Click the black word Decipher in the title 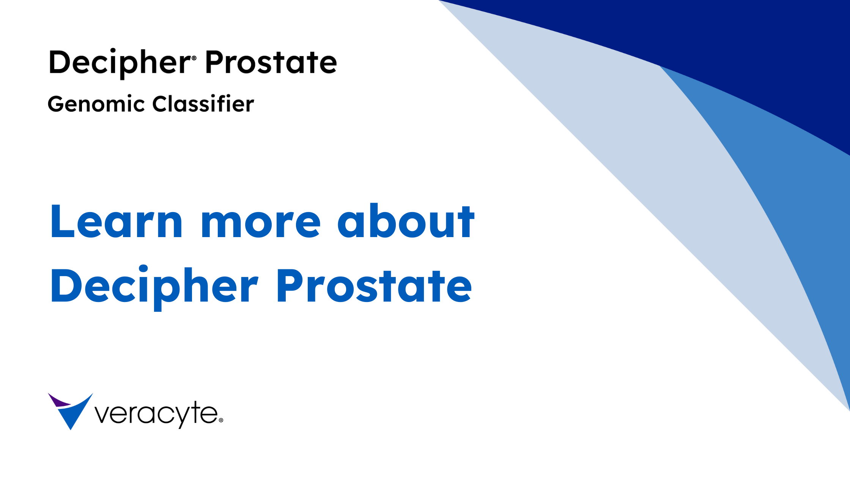coord(120,63)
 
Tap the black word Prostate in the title coord(271,62)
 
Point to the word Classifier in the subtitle coord(203,103)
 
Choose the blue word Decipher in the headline coord(154,287)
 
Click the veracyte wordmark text coord(156,414)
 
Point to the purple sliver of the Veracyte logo coord(59,401)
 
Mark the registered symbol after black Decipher coord(194,58)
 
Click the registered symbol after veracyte coord(221,420)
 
